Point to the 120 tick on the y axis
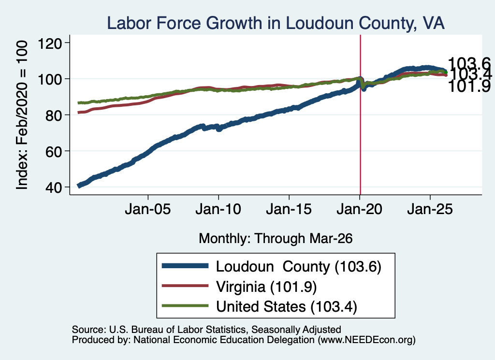[x=50, y=43]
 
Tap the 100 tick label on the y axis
[x=50, y=79]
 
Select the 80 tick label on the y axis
[x=53, y=115]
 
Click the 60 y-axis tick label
[x=53, y=151]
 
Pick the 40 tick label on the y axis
[x=53, y=187]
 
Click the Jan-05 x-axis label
[x=148, y=209]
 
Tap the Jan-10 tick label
[x=218, y=209]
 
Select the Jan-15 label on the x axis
[x=289, y=209]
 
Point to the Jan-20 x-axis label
[x=360, y=209]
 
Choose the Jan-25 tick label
[x=430, y=209]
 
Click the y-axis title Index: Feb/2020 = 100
[x=22, y=115]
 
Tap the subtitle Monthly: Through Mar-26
[x=276, y=239]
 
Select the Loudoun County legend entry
[x=299, y=267]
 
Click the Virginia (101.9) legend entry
[x=266, y=287]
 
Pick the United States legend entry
[x=286, y=307]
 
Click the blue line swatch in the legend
[x=185, y=266]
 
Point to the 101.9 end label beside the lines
[x=469, y=86]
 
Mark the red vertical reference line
[x=361, y=115]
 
